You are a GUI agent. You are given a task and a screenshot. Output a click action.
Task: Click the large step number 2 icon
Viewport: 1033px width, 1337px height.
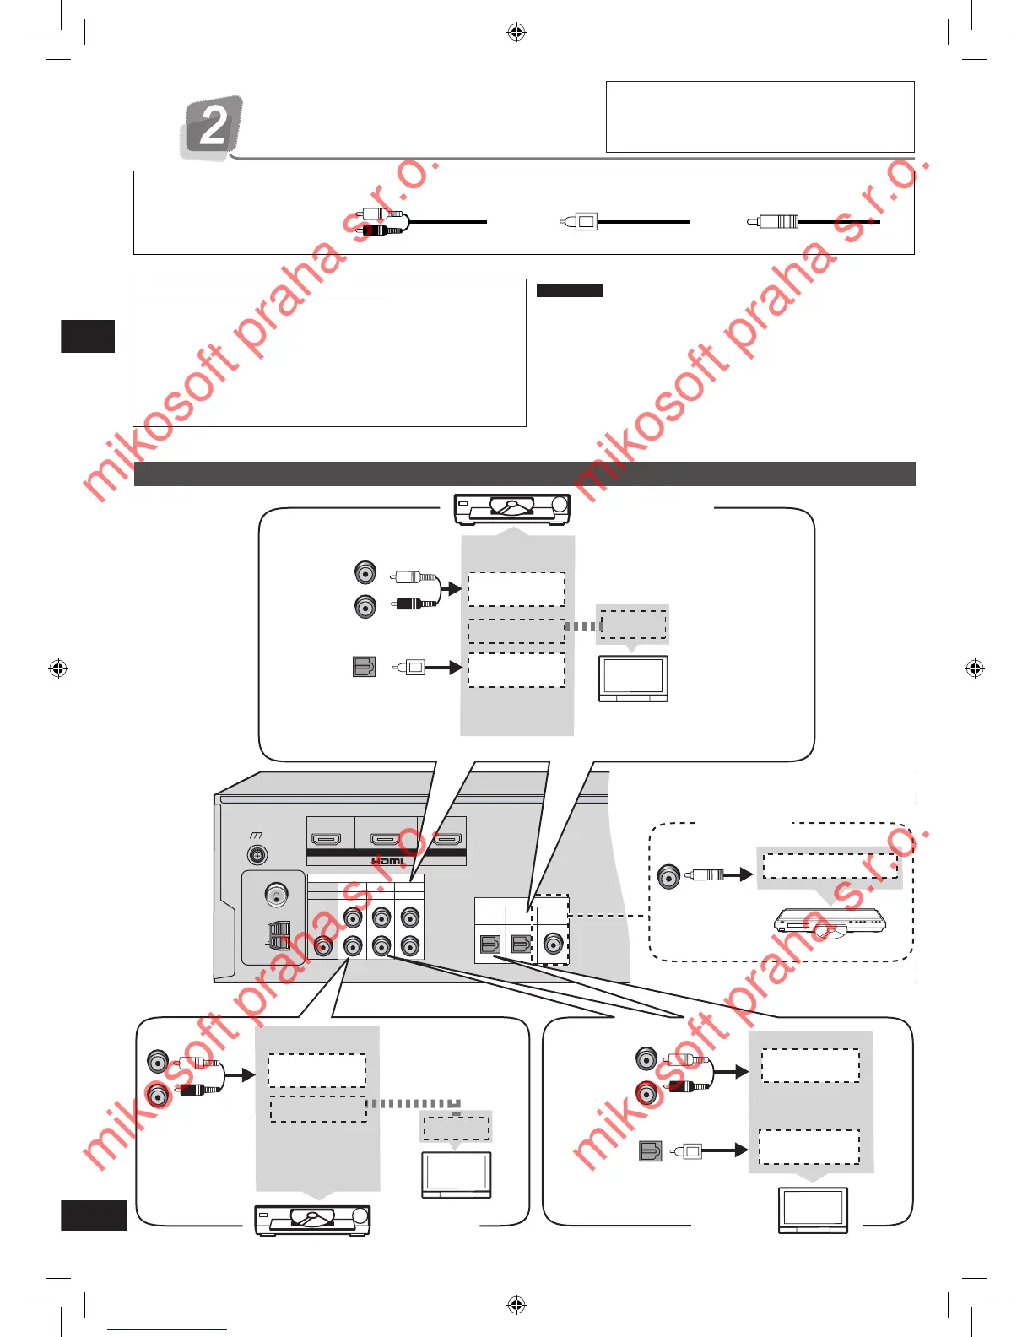213,127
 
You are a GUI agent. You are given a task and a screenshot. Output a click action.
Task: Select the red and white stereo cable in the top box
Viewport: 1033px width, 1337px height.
382,222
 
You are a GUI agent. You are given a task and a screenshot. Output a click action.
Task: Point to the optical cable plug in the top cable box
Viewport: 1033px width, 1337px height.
581,222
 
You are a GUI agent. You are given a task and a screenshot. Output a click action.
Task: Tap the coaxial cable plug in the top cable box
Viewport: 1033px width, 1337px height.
775,222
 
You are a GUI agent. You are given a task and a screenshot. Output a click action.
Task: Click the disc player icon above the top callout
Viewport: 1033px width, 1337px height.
512,509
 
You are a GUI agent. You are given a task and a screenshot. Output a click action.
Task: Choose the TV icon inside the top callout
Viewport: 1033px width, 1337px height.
633,678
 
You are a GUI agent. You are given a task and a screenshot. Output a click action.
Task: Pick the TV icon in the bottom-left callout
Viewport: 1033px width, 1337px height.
456,1174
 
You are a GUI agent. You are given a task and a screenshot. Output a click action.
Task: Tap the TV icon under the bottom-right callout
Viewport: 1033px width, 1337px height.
813,1210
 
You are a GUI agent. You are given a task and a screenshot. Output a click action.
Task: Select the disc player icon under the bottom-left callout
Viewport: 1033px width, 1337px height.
313,1221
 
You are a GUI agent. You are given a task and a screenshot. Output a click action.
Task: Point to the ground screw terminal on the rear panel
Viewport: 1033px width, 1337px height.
257,855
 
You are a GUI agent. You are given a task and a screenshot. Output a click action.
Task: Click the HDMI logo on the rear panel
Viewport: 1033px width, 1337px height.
387,861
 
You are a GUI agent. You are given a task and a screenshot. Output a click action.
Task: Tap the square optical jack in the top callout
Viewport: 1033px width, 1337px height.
364,667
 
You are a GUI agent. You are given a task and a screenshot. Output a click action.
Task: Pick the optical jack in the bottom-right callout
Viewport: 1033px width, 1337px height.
651,1150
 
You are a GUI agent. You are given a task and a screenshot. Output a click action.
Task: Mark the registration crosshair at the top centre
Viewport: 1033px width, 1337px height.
516,32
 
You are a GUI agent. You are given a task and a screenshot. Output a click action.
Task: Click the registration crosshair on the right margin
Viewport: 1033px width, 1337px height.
975,668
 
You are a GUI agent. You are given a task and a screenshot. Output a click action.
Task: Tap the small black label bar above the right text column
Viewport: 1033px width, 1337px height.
570,290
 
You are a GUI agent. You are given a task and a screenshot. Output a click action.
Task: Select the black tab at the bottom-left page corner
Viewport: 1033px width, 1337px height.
94,1215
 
